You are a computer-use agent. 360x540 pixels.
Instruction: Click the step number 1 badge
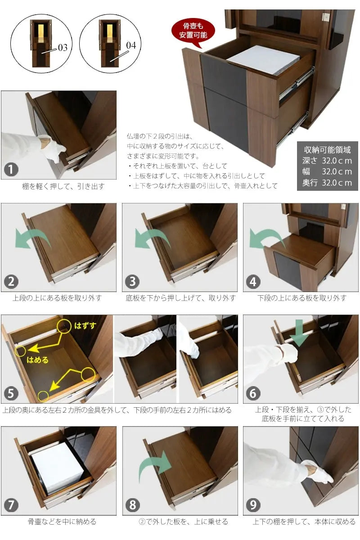tap(11, 170)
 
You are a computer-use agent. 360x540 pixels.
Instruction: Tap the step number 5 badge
tap(11, 393)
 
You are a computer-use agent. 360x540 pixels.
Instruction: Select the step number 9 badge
tap(253, 505)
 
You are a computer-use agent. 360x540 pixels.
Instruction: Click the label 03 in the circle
tap(63, 48)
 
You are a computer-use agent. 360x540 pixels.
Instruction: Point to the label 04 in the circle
tap(131, 45)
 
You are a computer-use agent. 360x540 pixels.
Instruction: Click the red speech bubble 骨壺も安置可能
tap(193, 32)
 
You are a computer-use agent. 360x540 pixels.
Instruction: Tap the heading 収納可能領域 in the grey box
tap(327, 150)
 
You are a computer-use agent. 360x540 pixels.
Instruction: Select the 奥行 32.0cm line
tap(327, 183)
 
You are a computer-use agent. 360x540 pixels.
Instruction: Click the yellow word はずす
tap(85, 326)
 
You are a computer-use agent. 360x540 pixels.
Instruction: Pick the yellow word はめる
tap(37, 360)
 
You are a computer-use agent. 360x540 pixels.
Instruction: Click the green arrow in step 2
tap(34, 238)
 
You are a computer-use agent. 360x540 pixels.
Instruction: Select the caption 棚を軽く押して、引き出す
tap(63, 186)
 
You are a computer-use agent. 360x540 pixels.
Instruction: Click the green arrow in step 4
tap(266, 238)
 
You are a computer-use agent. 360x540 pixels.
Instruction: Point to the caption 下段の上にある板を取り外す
tap(301, 298)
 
